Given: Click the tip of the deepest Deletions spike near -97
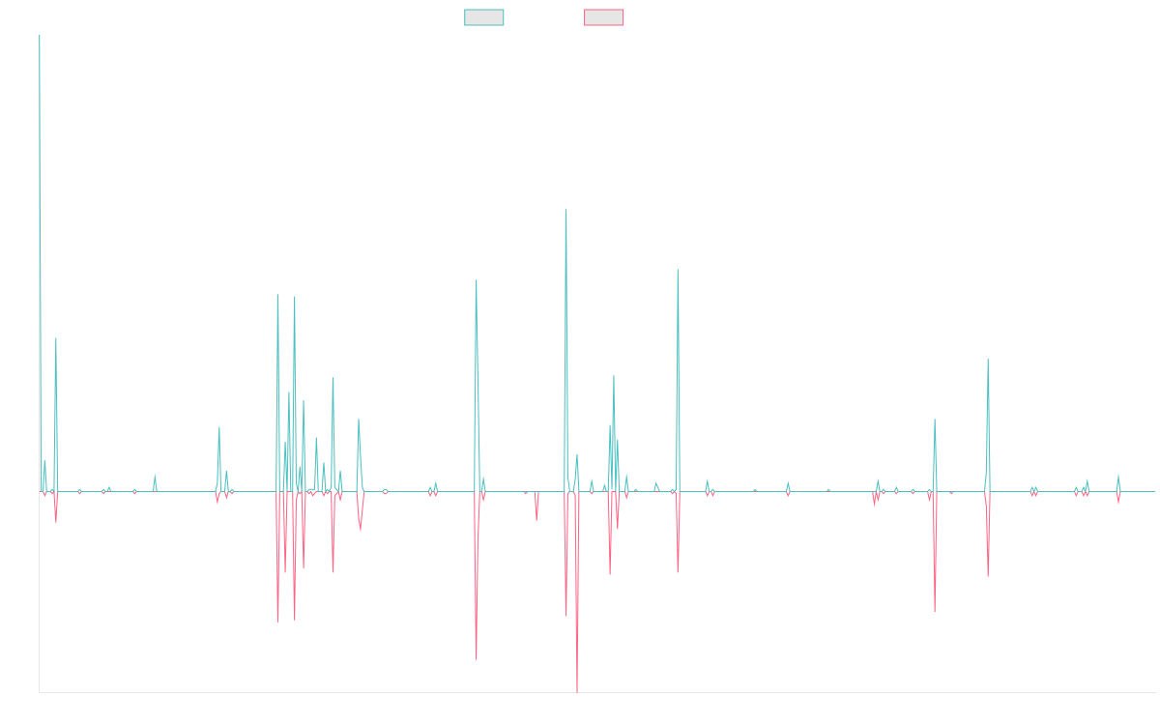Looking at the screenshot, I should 577,692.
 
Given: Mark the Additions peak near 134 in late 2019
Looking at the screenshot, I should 566,210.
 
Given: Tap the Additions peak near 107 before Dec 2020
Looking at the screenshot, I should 678,269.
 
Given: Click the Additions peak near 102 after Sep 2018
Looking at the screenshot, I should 477,280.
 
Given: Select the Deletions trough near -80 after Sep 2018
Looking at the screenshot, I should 477,660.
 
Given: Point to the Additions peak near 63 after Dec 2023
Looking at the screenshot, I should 988,360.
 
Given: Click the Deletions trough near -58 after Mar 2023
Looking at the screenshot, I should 935,612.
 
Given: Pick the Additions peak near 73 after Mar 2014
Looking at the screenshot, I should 56,338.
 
